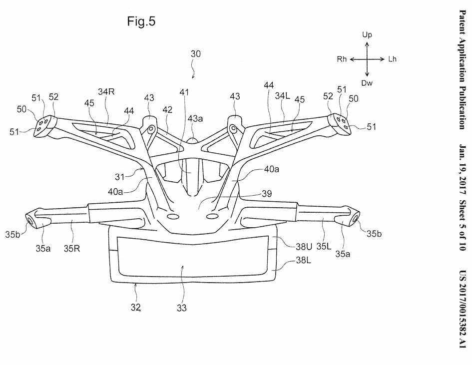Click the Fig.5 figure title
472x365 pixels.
tap(141, 22)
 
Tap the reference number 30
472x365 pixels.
tap(196, 54)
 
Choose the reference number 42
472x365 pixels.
tap(167, 110)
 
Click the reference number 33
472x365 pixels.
tap(182, 308)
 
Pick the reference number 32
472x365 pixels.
tap(136, 307)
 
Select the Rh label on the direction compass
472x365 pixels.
tap(342, 59)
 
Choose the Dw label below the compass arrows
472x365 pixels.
tap(367, 83)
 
